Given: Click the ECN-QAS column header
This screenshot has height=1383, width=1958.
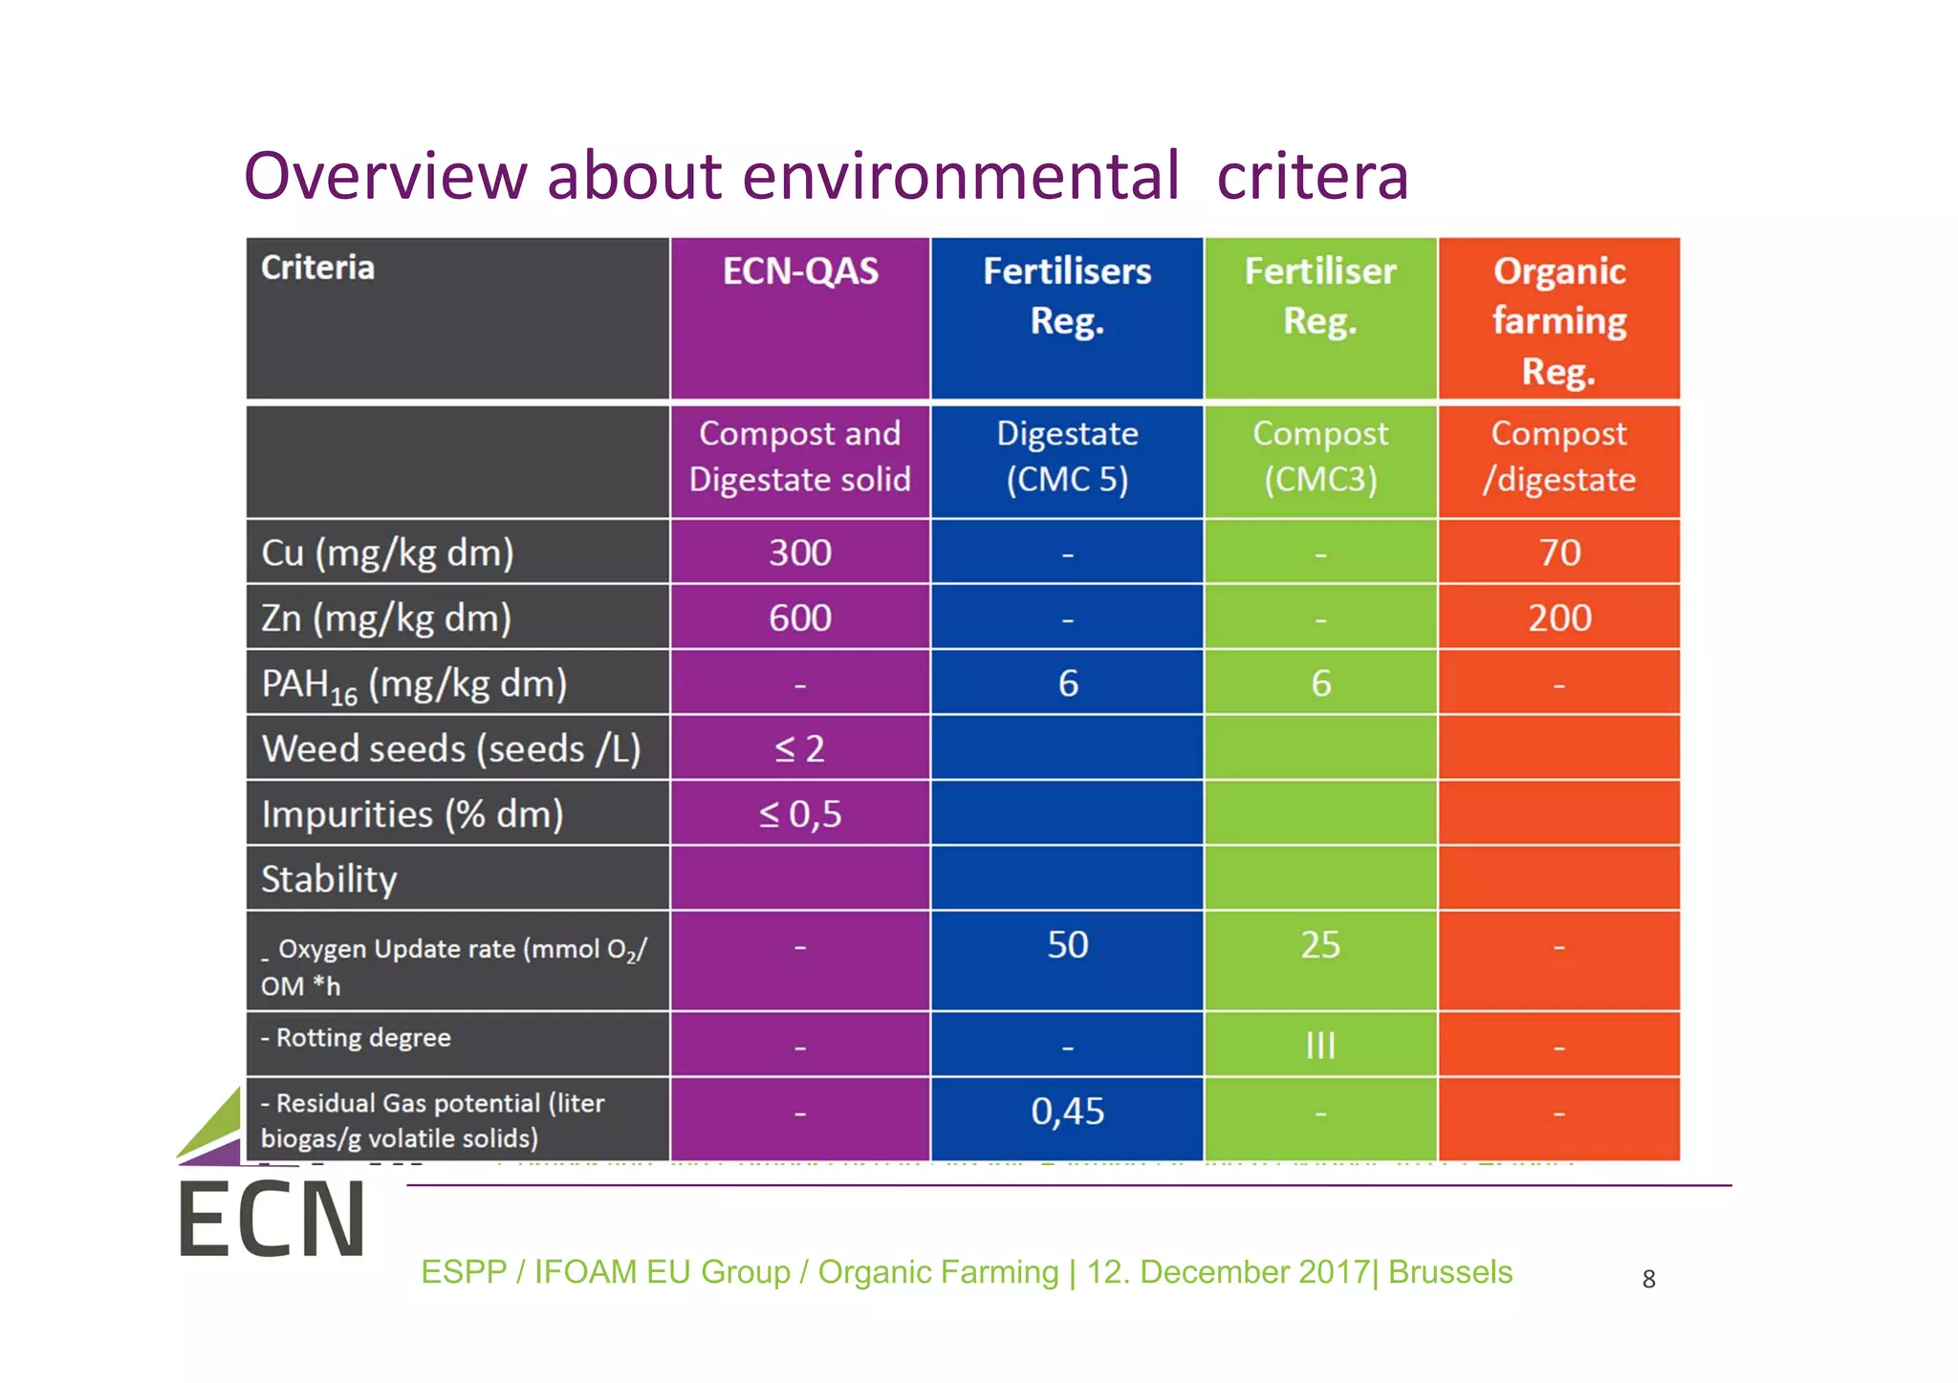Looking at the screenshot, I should tap(800, 271).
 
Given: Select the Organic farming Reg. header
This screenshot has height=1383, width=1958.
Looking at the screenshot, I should tap(1558, 320).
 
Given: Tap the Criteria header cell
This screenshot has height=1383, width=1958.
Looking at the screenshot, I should tap(317, 268).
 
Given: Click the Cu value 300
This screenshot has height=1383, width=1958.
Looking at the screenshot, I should tap(800, 552).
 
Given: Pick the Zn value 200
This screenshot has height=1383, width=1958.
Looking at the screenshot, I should tap(1559, 618).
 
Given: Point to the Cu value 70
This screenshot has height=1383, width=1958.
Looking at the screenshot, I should tap(1559, 552).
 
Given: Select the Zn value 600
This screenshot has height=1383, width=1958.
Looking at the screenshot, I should tap(800, 618).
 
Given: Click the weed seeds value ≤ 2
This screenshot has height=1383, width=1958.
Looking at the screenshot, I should tap(800, 748).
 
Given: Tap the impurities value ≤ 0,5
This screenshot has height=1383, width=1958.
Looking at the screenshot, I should tap(800, 814).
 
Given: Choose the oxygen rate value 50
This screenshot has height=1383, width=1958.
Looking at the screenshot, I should tap(1067, 945).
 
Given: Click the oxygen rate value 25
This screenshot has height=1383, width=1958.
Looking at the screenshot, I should tap(1320, 945).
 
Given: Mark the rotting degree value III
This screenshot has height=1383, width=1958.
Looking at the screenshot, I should tap(1320, 1046).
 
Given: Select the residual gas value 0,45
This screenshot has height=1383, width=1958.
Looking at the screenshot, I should tap(1067, 1112).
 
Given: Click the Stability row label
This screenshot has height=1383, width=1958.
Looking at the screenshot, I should tap(329, 879).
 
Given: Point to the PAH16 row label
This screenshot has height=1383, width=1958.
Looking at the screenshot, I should tap(414, 684).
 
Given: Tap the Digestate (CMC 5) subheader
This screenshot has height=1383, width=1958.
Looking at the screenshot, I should tap(1067, 457).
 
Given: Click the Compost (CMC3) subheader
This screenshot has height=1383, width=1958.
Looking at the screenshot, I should tap(1320, 457).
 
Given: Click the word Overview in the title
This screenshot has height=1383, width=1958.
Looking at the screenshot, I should tap(385, 176).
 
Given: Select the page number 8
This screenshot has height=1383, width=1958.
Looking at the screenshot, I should tap(1648, 1279).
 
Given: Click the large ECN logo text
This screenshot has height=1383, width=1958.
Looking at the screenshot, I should tap(272, 1220).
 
